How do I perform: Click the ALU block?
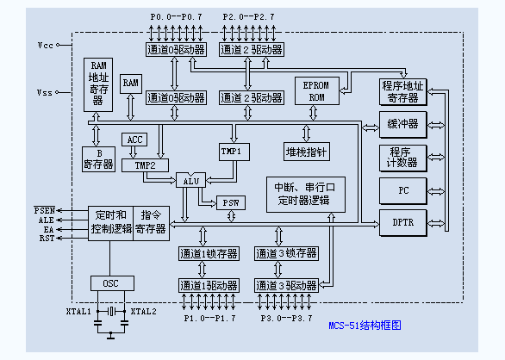(190, 181)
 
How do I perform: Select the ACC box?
(135, 140)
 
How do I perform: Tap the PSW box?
(230, 202)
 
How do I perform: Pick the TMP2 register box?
(145, 164)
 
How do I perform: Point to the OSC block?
(111, 282)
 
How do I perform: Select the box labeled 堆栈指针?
(307, 151)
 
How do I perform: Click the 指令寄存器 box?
(152, 221)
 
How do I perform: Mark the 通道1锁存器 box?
(208, 253)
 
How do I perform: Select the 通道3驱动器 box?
(286, 285)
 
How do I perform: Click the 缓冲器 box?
(403, 125)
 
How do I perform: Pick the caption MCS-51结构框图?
(365, 326)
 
